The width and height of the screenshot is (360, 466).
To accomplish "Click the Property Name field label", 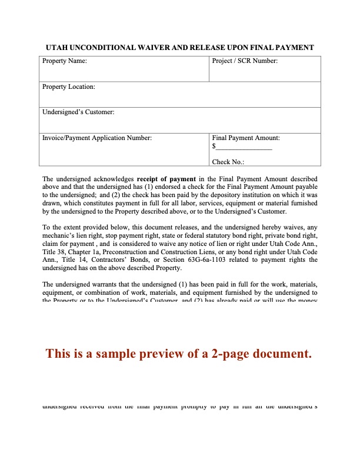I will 64,61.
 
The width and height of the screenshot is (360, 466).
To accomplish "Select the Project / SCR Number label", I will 245,61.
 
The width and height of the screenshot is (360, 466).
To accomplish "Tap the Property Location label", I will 68,87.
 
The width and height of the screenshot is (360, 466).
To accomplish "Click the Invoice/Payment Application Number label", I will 97,138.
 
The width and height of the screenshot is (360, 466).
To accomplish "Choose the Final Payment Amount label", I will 246,138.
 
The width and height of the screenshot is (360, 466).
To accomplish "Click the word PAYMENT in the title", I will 292,48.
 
